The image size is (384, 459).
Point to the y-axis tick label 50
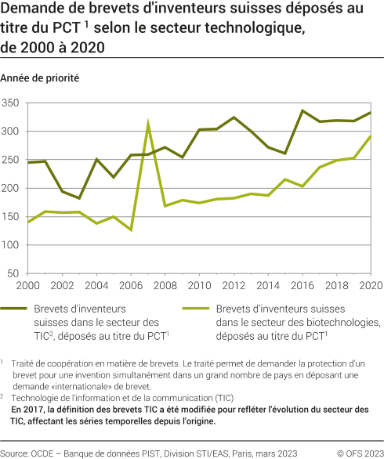14,273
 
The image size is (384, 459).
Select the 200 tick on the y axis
11,188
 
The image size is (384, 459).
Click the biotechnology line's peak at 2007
148,123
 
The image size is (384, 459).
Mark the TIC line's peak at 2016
302,110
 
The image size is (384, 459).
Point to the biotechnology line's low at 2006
131,230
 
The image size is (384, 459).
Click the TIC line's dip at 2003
79,198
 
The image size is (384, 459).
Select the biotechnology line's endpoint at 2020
371,136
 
